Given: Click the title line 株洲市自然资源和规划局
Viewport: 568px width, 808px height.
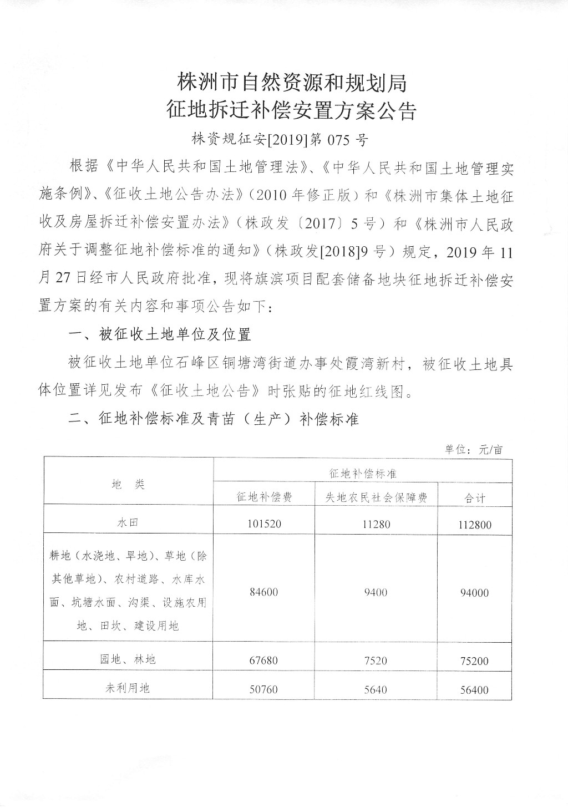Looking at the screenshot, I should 292,83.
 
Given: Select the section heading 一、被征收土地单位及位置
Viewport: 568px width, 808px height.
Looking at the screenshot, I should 159,334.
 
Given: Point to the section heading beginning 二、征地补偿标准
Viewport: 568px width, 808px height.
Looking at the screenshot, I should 214,419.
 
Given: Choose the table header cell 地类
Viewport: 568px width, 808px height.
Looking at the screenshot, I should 128,484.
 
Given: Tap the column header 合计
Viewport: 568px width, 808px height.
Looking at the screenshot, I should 475,498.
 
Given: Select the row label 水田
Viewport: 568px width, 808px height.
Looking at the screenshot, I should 128,522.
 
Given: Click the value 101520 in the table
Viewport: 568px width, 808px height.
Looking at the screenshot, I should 264,524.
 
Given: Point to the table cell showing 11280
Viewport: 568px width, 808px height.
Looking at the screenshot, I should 376,524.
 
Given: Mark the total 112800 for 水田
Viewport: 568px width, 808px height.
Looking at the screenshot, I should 475,524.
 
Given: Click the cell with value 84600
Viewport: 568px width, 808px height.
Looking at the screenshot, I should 264,592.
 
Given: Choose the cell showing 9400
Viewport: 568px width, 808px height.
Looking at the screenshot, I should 376,592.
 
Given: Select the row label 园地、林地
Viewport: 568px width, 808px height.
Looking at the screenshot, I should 128,659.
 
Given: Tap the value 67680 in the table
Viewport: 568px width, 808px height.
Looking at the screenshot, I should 264,660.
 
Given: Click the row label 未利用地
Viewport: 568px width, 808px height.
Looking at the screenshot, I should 128,688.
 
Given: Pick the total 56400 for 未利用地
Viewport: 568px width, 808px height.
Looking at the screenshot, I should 475,690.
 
